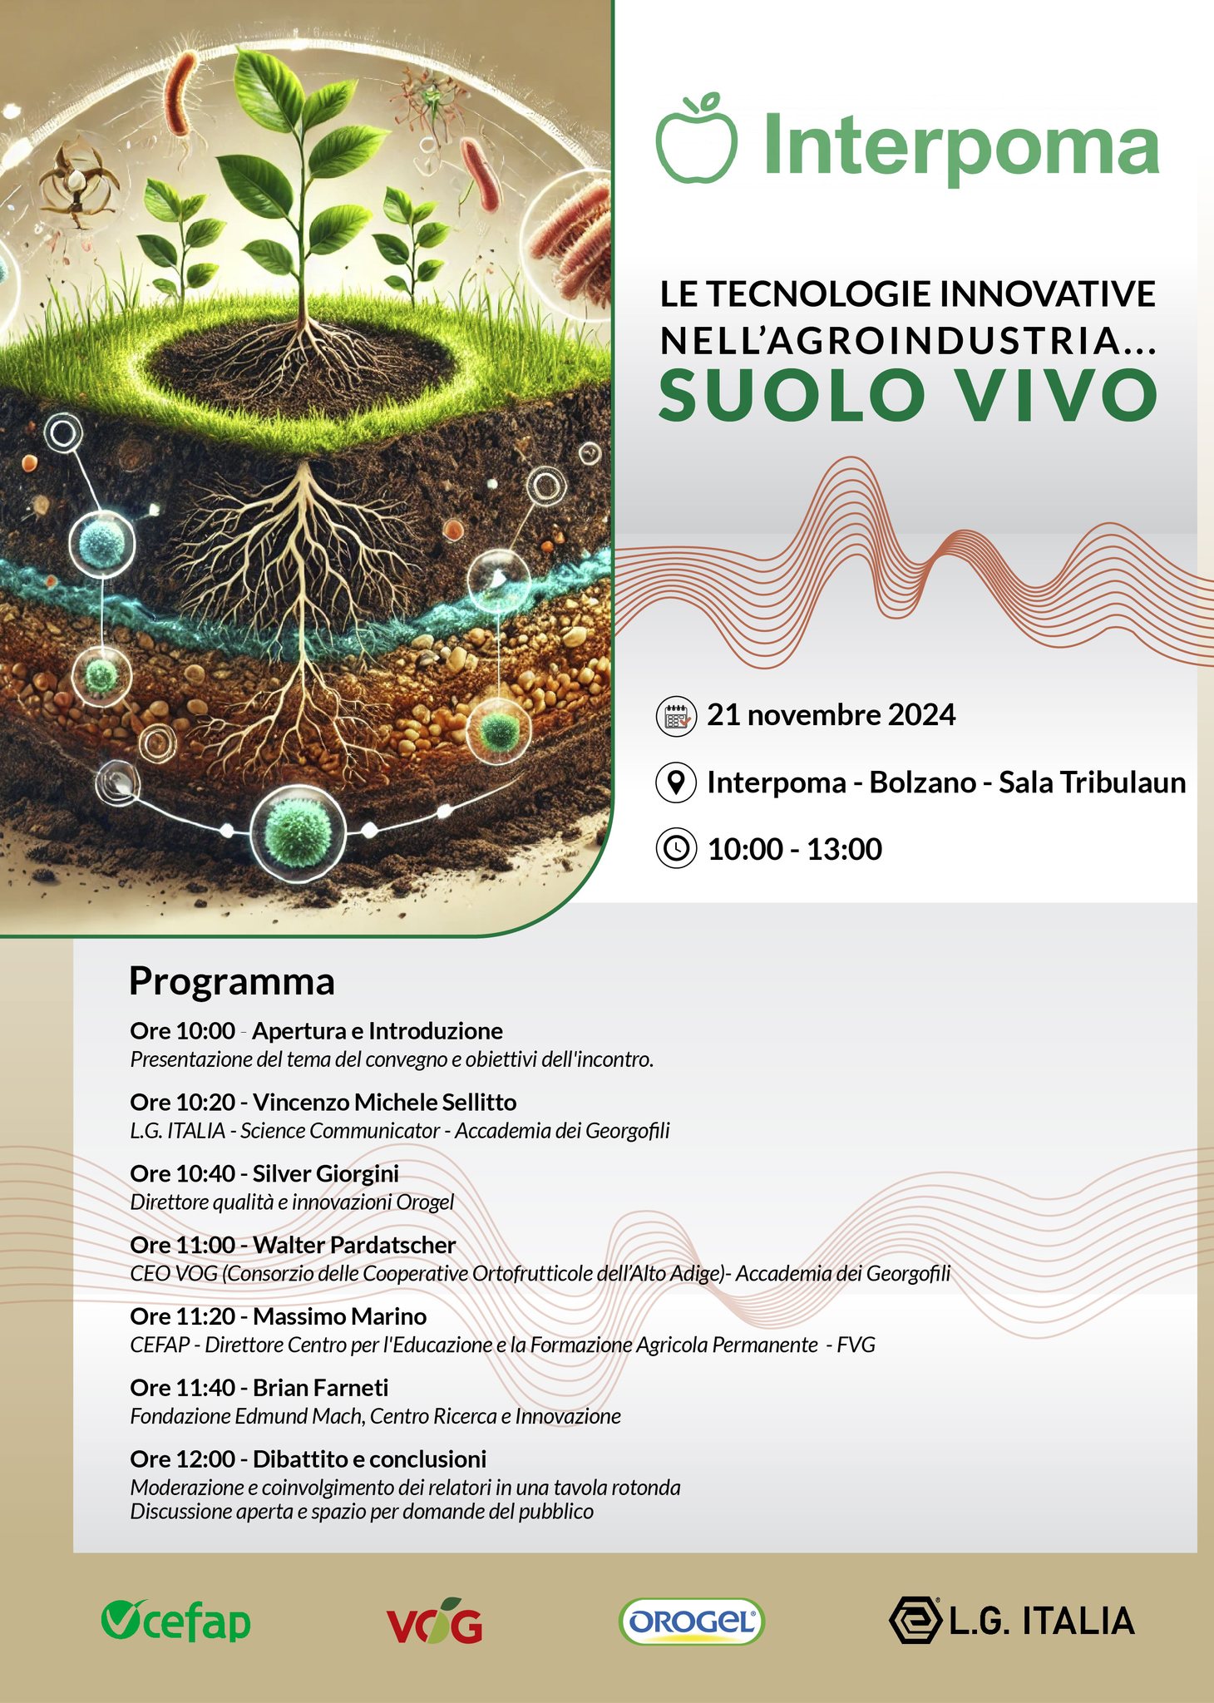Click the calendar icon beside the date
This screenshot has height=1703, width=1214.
pos(676,716)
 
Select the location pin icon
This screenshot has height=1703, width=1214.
pos(676,783)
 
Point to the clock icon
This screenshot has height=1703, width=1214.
pos(676,849)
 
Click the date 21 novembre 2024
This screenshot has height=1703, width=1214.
pos(832,715)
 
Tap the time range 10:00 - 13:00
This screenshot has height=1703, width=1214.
pos(795,849)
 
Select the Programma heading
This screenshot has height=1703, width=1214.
pos(232,983)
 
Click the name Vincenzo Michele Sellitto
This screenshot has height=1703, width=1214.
pos(385,1102)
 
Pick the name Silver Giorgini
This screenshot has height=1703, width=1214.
pos(326,1174)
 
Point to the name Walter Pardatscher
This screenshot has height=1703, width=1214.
pos(354,1245)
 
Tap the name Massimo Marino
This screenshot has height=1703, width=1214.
pos(340,1316)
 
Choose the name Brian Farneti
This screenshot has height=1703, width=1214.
pos(321,1388)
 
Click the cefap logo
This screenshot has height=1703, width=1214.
pos(175,1621)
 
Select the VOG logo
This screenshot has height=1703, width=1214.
pos(435,1621)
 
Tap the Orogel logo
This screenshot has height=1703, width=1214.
pos(692,1622)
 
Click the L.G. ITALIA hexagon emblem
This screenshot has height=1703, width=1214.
pos(915,1621)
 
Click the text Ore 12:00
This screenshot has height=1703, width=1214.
pos(182,1459)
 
